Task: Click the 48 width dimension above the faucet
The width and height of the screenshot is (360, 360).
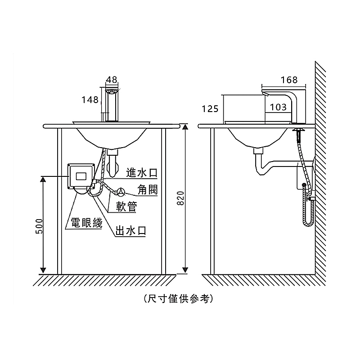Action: pos(112,80)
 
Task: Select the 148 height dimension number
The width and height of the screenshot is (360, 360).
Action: pos(90,100)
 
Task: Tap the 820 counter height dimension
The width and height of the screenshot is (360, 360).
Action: pos(180,198)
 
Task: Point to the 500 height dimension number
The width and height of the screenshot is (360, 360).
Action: pos(39,226)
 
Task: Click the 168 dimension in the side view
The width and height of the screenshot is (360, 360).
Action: pos(289,80)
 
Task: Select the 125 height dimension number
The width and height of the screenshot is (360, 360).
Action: pos(210,109)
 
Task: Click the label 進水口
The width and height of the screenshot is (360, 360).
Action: pos(142,173)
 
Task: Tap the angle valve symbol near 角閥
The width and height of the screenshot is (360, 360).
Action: pos(121,192)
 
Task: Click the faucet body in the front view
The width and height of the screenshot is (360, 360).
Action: pos(112,106)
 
